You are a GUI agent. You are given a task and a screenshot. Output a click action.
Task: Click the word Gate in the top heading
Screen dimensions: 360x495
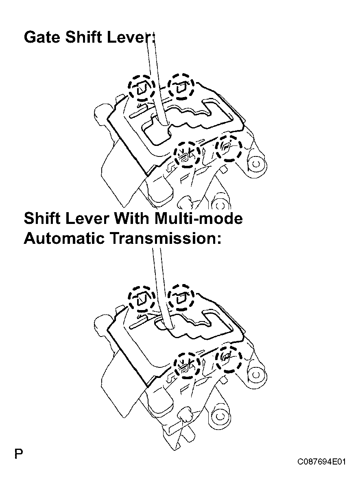pos(41,37)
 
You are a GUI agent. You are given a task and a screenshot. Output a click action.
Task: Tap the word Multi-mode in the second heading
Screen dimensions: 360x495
pos(199,218)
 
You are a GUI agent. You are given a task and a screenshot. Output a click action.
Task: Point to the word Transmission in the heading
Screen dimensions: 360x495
pos(165,238)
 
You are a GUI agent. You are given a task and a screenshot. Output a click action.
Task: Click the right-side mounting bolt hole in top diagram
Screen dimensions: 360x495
pos(256,164)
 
